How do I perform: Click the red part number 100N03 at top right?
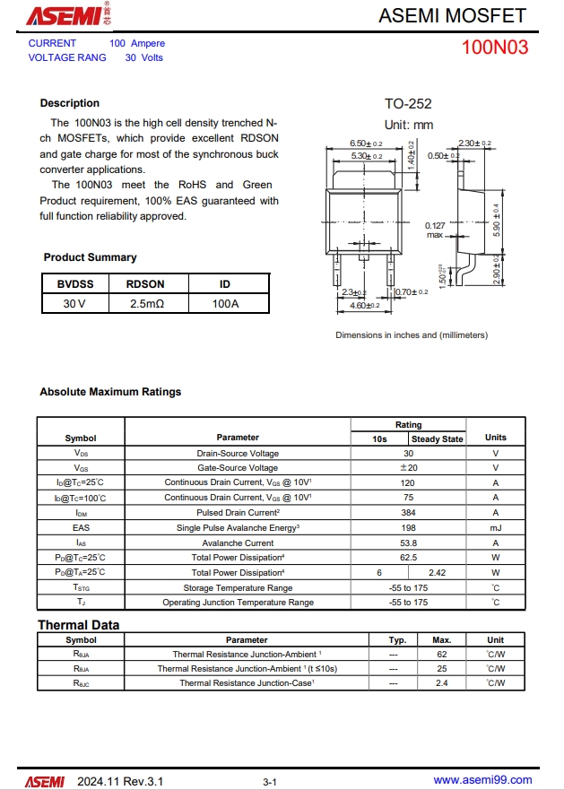[495, 48]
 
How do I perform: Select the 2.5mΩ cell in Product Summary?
[145, 304]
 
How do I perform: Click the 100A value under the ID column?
[226, 304]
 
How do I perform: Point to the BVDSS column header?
[74, 284]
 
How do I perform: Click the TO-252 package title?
[408, 104]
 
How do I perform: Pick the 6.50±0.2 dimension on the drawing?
[365, 143]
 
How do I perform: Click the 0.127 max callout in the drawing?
[435, 230]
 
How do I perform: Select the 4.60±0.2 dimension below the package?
[363, 306]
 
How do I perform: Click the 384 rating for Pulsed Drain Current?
[409, 513]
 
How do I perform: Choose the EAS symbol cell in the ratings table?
[81, 528]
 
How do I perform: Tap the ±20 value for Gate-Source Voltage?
[409, 468]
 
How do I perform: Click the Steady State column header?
[438, 439]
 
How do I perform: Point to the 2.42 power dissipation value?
[438, 572]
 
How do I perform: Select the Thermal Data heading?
[78, 625]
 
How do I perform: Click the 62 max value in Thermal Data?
[441, 655]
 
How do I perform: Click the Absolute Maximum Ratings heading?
[110, 392]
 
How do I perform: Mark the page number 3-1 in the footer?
[270, 782]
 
